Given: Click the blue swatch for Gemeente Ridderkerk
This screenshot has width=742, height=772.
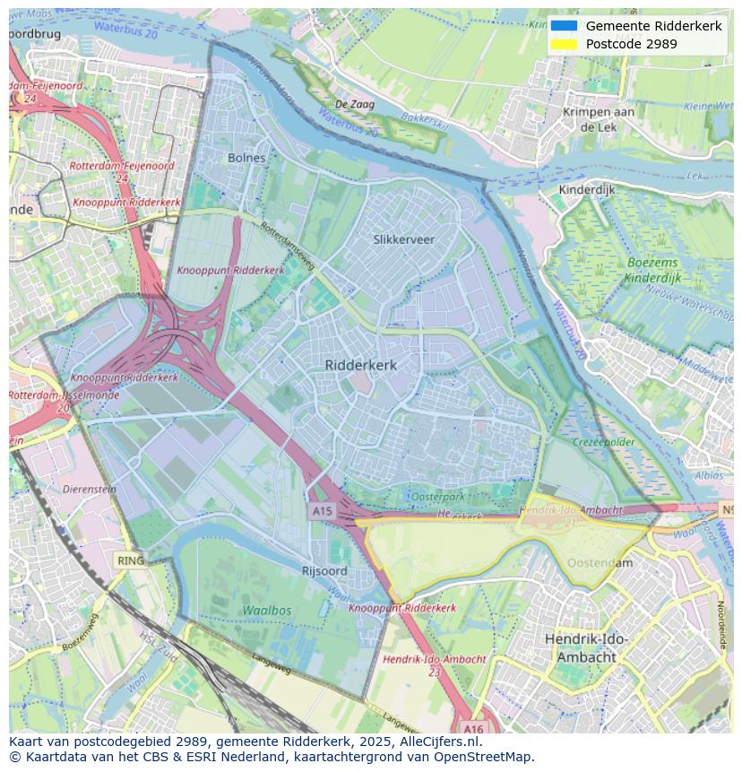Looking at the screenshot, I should click(x=564, y=26).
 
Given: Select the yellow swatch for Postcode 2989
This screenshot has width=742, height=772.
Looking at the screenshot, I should click(x=564, y=44).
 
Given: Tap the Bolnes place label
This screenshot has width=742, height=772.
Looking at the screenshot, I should click(x=246, y=158).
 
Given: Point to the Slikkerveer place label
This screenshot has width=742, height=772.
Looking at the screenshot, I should click(x=403, y=239).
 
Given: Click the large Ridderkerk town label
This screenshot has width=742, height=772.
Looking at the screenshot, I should click(x=360, y=365).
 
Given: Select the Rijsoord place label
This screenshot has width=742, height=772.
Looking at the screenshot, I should click(x=324, y=571).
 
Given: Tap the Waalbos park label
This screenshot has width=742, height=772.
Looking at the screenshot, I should click(x=266, y=610).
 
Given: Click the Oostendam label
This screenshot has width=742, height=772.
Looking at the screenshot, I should click(x=600, y=563).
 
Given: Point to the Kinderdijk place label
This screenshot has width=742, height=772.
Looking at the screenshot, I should click(x=587, y=190).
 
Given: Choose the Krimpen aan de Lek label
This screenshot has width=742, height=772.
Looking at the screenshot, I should click(x=599, y=119).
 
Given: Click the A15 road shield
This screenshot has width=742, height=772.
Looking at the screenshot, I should click(x=322, y=511).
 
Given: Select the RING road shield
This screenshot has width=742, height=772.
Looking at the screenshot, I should click(x=130, y=561).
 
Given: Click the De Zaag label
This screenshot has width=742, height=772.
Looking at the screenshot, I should click(x=355, y=105).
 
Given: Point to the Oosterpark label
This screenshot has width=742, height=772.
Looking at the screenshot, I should click(x=437, y=497).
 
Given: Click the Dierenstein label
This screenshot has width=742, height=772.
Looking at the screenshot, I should click(x=90, y=490).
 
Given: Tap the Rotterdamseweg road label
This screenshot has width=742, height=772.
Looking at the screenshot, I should click(x=287, y=247).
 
